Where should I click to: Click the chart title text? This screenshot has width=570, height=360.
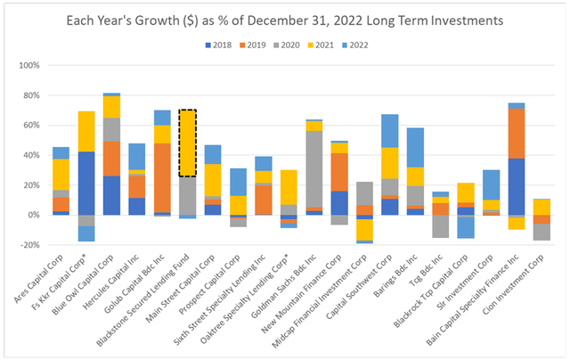click(284, 20)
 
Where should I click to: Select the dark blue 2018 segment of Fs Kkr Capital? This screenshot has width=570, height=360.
click(85, 183)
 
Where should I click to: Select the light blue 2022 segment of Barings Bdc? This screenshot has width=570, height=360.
click(440, 147)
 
